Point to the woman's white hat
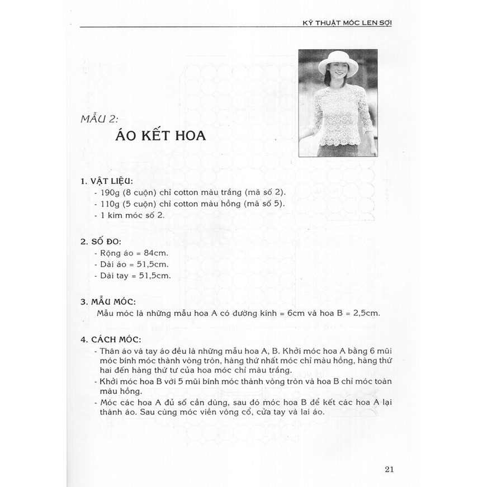[x=337, y=62]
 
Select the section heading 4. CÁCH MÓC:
[x=110, y=339]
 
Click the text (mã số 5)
[x=267, y=204]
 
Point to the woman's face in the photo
[x=338, y=73]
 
